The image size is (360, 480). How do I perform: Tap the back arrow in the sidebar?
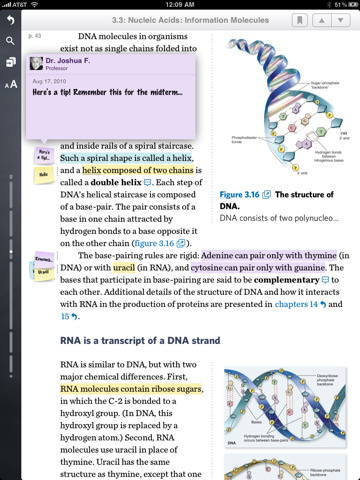click(x=10, y=21)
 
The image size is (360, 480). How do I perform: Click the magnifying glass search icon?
click(x=10, y=41)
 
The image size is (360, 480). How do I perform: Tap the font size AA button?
click(x=10, y=84)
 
